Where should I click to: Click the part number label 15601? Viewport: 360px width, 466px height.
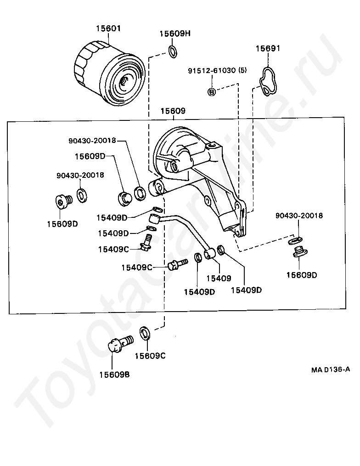[x=108, y=28]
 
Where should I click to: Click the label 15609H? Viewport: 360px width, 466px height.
[x=174, y=34]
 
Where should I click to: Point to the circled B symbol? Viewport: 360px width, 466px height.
[x=212, y=92]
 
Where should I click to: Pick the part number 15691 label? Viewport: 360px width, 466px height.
[x=268, y=48]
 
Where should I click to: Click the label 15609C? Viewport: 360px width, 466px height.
[x=150, y=356]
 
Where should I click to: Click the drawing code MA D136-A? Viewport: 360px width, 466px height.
[x=329, y=369]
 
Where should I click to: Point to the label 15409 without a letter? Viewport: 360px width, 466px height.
[x=218, y=278]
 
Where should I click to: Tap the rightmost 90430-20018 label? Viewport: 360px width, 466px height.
[x=299, y=216]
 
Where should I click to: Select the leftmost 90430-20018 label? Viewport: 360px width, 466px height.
[x=80, y=175]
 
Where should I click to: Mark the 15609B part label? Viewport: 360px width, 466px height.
[x=114, y=374]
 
